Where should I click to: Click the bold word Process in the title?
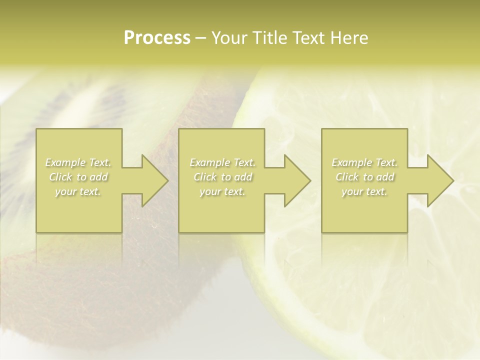point(157,38)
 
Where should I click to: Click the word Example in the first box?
point(65,162)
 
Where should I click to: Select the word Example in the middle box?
point(209,162)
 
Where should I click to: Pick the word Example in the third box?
point(351,162)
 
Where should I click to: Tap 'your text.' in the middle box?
point(222,191)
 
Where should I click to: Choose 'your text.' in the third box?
point(364,191)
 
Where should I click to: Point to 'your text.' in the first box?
point(78,191)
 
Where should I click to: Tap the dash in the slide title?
point(200,38)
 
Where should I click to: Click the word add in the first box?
point(98,177)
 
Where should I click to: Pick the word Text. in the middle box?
point(243,162)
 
